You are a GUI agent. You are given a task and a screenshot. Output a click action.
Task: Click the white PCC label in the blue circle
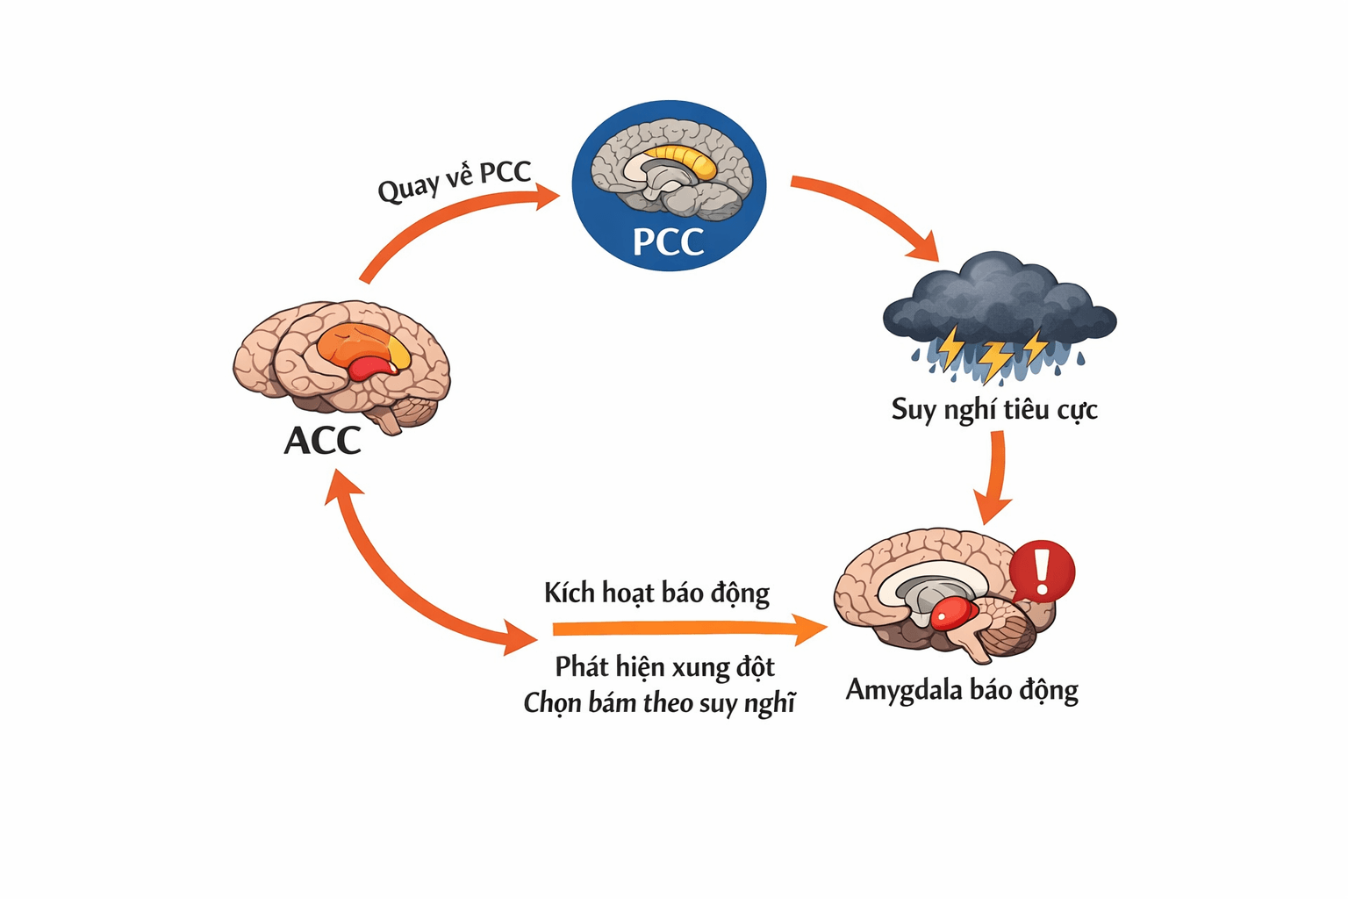[668, 241]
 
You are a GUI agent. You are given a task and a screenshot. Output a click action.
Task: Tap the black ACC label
[322, 441]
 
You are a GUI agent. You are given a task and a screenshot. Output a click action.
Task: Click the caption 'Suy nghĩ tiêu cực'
[994, 409]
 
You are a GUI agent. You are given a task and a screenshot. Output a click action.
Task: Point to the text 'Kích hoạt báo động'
[656, 593]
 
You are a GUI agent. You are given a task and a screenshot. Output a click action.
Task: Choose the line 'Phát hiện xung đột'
[664, 667]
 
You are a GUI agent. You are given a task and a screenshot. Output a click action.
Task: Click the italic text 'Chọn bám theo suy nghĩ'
[659, 703]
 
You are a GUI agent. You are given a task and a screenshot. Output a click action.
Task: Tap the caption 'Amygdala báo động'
[962, 690]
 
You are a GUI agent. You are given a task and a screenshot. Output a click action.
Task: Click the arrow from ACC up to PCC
[439, 224]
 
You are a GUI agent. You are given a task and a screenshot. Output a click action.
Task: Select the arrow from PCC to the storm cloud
[869, 211]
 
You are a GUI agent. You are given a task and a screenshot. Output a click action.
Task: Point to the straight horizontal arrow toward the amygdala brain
[685, 629]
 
